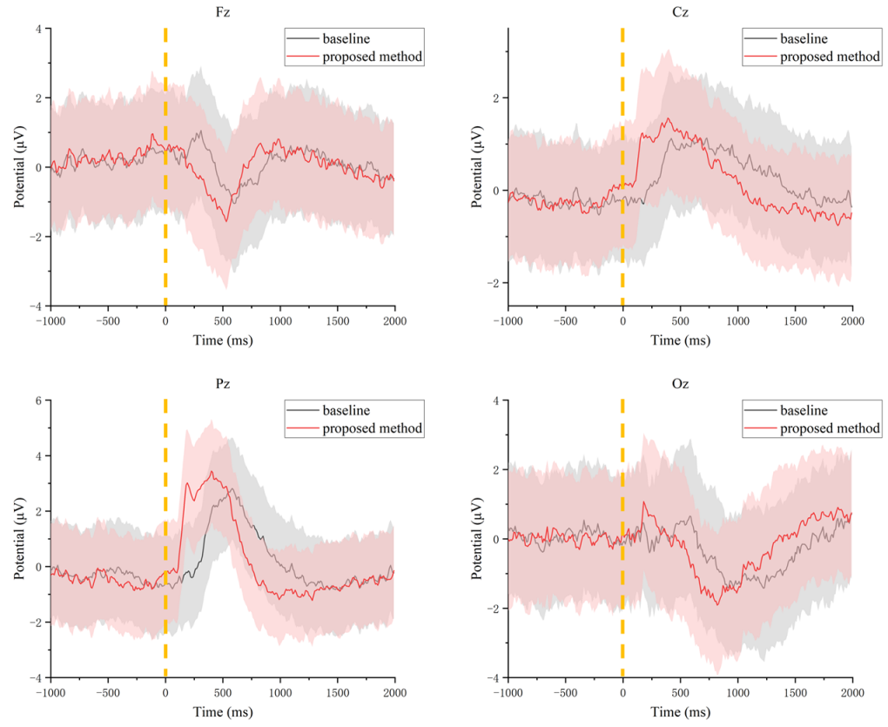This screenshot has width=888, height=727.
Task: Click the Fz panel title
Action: point(223,13)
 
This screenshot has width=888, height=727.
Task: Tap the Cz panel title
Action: point(680,13)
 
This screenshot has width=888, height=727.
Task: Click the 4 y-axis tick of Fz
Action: point(38,29)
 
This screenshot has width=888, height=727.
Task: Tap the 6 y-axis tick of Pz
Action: point(38,401)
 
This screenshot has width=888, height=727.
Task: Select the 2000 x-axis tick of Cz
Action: point(852,321)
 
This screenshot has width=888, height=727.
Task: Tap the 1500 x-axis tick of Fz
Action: point(338,321)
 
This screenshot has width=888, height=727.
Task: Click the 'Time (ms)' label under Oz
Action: point(680,711)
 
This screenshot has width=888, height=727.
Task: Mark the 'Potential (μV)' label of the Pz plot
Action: point(18,538)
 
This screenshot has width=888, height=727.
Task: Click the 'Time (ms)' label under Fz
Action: point(223,340)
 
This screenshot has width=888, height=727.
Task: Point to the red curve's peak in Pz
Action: point(212,472)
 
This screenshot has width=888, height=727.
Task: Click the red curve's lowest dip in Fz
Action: point(227,221)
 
